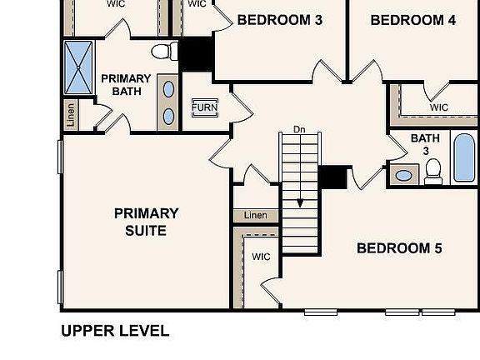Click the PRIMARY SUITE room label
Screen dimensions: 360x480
pos(146,222)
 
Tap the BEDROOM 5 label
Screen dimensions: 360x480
pos(399,248)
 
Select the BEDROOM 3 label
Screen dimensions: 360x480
pos(279,20)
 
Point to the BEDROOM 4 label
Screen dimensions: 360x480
pos(412,20)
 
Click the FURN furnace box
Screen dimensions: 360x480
pos(204,107)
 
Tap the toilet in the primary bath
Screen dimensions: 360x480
pos(167,51)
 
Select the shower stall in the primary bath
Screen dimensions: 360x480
pos(80,67)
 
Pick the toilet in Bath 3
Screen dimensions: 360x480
pos(432,171)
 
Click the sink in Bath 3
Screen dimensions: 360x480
pos(404,175)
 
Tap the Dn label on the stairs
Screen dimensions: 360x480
pos(300,130)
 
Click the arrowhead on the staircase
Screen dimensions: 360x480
pos(300,202)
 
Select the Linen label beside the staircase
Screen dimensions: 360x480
pos(256,216)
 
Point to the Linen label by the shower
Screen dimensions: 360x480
pos(71,115)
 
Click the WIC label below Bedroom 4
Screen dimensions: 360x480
pos(439,107)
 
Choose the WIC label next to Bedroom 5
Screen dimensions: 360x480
pos(261,257)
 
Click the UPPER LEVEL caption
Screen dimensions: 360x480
pos(115,331)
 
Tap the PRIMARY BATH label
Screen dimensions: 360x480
pos(126,85)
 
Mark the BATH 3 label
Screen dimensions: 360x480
pos(425,144)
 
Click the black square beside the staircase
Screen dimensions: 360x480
pos(333,177)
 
